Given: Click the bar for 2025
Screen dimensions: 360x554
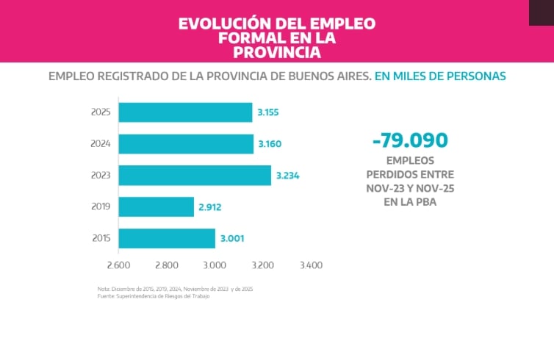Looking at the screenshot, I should point(185,112).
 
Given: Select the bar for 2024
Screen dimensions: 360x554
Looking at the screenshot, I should point(186,144).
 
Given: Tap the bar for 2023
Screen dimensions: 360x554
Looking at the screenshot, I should point(195,176).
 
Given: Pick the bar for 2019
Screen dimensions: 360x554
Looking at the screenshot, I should point(156,207).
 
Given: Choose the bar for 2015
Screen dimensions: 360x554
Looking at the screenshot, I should point(167,239).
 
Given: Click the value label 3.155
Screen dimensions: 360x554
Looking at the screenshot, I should point(268,112).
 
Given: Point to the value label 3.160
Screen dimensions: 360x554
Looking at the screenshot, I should point(270,144).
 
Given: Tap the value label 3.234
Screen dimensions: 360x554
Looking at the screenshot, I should point(287,176).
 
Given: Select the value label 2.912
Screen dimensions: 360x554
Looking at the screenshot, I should point(210,207).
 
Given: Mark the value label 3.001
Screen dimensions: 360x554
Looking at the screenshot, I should point(231,239).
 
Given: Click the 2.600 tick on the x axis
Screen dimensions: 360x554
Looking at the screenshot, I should point(118,265).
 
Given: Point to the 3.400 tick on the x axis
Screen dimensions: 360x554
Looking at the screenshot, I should point(311,265).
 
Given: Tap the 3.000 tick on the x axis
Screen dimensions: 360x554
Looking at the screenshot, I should point(215,265).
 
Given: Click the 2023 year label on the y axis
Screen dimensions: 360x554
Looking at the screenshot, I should point(101,176).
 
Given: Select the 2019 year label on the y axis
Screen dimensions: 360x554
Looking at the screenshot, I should point(101,207).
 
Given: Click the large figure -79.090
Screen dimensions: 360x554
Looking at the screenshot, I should point(410,140).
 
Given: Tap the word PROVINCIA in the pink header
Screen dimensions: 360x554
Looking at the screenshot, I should point(277,52).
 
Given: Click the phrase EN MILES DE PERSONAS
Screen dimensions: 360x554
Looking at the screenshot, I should point(440,76).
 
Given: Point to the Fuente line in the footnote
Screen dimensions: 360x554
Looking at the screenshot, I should point(148,296).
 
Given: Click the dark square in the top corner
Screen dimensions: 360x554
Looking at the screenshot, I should point(541,12).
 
